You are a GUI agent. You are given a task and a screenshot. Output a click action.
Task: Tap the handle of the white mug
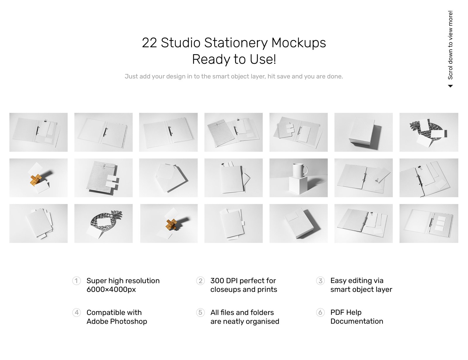pos(306,170)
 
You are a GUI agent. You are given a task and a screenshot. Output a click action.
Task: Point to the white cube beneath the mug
pos(298,185)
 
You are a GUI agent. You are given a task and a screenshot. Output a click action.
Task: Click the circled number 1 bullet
pos(76,281)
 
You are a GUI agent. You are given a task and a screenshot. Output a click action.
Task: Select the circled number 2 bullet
pos(200,281)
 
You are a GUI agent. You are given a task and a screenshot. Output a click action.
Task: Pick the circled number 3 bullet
pos(320,281)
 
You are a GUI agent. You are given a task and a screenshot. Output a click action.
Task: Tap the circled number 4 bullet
pos(76,312)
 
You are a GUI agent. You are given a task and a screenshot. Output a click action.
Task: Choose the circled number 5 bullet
pos(200,312)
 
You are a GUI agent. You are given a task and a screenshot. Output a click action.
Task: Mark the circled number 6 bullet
pos(320,312)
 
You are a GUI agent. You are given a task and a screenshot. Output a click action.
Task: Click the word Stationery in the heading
pos(236,43)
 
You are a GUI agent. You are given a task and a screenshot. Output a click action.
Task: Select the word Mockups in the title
pos(298,43)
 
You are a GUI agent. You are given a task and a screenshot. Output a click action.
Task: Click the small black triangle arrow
pos(450,86)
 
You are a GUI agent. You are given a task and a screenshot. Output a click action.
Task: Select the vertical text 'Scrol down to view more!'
pos(450,45)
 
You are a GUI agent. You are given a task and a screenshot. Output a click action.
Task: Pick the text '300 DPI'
pos(224,281)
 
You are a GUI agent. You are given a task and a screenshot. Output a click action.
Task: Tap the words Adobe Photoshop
pos(117,321)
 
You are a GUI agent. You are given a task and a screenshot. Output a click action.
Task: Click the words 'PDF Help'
pos(346,312)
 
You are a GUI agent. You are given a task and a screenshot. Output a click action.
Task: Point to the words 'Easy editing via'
pos(357,281)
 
